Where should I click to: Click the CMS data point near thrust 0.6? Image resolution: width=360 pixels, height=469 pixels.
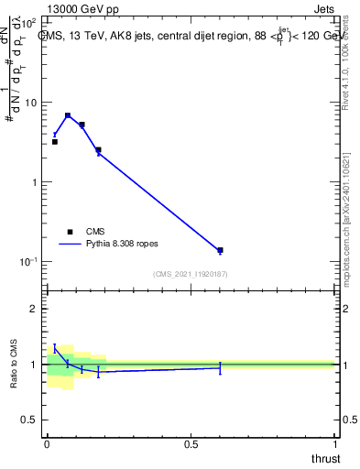click(220, 250)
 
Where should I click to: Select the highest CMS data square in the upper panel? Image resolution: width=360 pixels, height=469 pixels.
click(68, 115)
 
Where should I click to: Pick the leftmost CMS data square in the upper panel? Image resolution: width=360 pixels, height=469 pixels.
click(55, 142)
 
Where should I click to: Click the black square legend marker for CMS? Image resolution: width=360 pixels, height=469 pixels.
click(70, 232)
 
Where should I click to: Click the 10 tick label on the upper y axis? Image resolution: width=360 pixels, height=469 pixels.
click(31, 103)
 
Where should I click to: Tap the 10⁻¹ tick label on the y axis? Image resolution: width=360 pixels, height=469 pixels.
click(29, 262)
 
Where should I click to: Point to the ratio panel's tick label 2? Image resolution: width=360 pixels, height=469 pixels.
click(35, 309)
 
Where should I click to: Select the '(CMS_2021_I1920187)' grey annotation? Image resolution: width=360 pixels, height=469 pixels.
click(191, 274)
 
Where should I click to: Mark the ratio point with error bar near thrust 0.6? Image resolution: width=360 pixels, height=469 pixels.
click(220, 367)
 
